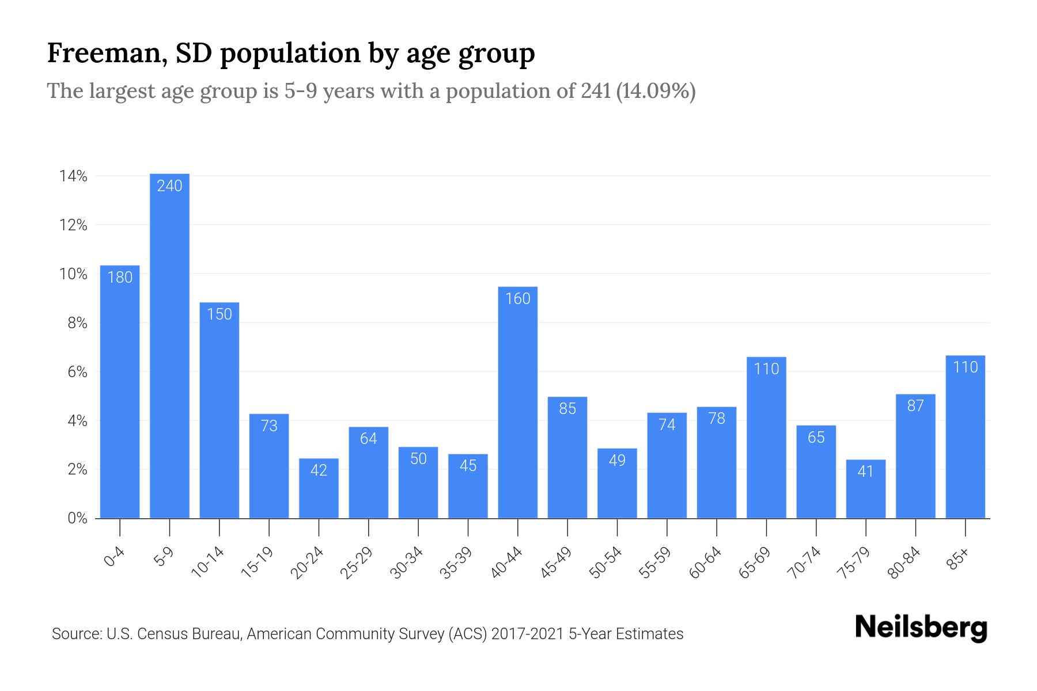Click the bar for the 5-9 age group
point(169,345)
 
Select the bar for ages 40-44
point(517,403)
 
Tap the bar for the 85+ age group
point(965,438)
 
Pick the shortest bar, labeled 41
point(865,489)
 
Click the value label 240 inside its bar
point(169,185)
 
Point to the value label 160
point(517,298)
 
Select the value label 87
point(915,406)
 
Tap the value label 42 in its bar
point(319,470)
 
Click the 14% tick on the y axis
point(73,176)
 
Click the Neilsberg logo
point(921,628)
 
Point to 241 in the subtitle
point(596,91)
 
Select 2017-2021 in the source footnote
point(528,634)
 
